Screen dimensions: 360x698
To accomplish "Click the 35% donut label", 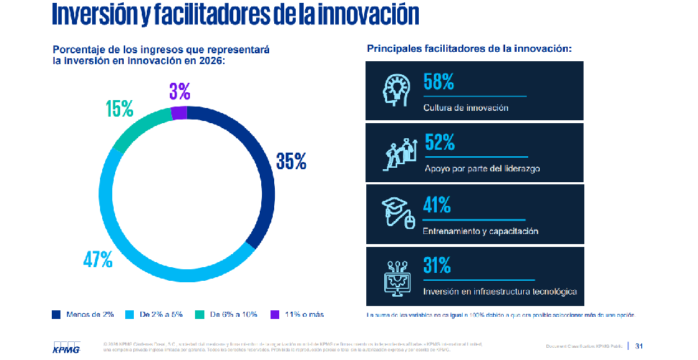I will point(291,161).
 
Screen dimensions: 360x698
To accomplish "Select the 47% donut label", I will point(98,259).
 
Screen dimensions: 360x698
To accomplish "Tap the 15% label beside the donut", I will point(119,109).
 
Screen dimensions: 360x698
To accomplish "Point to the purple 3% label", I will point(179,91).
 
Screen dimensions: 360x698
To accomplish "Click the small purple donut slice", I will point(178,112).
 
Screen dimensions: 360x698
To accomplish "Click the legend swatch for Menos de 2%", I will point(56,315).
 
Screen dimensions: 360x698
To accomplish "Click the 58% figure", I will point(438,82).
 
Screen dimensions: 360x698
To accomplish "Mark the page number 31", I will point(638,346).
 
